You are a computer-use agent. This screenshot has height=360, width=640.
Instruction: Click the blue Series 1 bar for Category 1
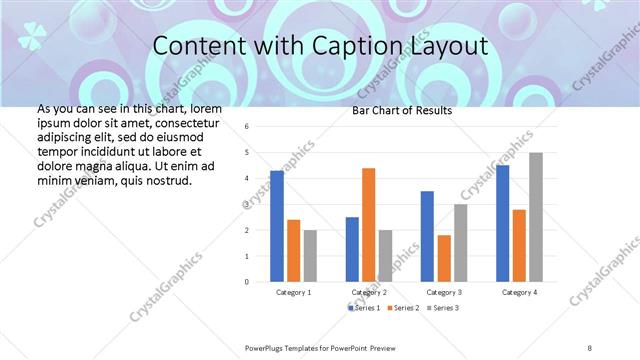tap(277, 226)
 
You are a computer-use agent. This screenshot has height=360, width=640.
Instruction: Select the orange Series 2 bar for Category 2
tap(368, 224)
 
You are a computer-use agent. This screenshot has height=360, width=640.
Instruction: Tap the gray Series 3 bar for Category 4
tap(536, 217)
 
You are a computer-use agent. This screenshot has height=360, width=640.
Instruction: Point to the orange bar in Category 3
tap(443, 258)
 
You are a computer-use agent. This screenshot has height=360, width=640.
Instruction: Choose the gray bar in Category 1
tap(310, 255)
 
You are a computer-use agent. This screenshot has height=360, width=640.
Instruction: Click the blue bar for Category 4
tap(502, 223)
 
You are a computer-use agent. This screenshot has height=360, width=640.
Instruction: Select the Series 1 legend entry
tap(365, 307)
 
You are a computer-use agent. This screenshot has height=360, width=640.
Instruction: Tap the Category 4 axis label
tap(519, 292)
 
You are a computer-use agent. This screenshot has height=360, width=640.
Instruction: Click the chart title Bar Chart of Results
tap(402, 110)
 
